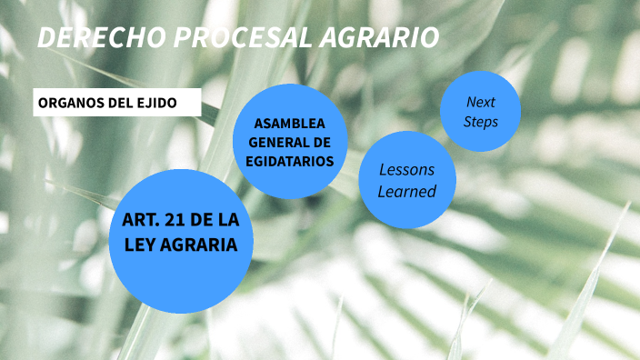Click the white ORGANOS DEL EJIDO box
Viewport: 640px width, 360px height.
point(117,103)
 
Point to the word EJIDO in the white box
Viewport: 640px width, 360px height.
point(157,103)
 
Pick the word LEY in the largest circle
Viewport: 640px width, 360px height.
point(140,245)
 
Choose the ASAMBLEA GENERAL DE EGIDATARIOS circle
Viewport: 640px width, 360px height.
point(290,141)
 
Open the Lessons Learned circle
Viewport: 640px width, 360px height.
point(406,180)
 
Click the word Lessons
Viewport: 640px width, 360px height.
point(406,170)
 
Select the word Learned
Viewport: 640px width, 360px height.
point(406,191)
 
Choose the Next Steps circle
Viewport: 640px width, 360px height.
point(480,111)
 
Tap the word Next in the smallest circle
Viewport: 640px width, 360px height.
point(480,101)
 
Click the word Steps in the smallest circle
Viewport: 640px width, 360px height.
point(480,121)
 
